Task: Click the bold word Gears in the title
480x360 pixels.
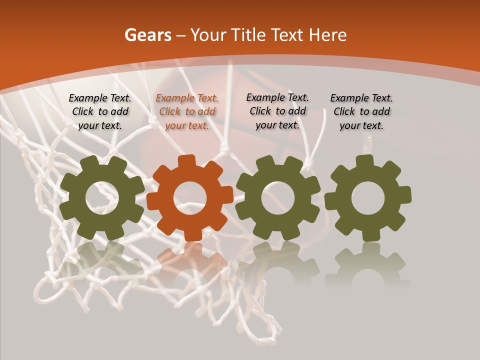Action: pyautogui.click(x=148, y=35)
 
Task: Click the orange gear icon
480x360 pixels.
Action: pyautogui.click(x=190, y=198)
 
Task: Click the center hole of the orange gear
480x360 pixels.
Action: pyautogui.click(x=190, y=198)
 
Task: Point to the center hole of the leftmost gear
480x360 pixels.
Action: pyautogui.click(x=102, y=198)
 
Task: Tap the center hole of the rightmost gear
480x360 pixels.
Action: pyautogui.click(x=368, y=198)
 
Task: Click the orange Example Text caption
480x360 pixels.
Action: pyautogui.click(x=187, y=112)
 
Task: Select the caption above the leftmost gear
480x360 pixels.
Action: pyautogui.click(x=100, y=112)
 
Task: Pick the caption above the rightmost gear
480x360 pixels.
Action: pyautogui.click(x=361, y=112)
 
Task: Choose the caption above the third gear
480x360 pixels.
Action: pyautogui.click(x=277, y=111)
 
